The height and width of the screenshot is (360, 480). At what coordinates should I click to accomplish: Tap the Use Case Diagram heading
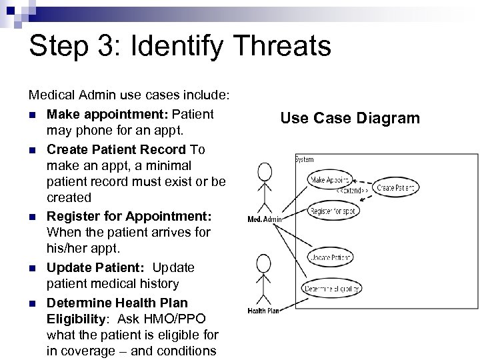coord(350,119)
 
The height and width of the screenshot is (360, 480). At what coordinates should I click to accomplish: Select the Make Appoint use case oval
coord(329,180)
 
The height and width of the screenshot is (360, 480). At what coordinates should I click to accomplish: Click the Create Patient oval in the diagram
coord(397,189)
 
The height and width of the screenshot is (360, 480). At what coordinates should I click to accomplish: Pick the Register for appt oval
coord(334,211)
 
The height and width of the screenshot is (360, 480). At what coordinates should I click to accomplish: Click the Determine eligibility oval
coord(331,289)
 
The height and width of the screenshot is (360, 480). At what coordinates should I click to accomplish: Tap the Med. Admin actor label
coord(265,219)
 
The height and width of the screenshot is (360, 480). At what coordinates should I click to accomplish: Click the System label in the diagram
coord(305,160)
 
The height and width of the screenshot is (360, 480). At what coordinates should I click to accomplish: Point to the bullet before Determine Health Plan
coord(33,302)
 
